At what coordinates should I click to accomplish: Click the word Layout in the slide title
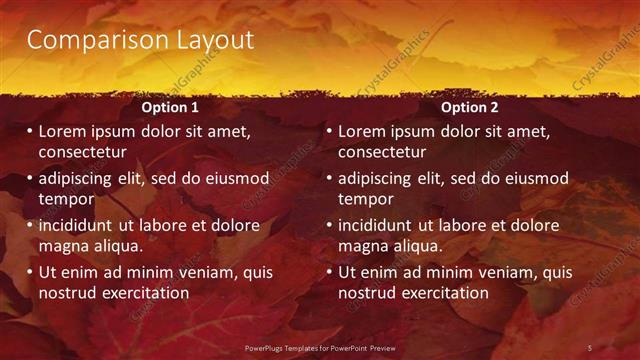pos(209,41)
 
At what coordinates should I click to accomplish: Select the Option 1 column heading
pos(170,107)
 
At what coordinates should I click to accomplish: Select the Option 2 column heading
pos(469,107)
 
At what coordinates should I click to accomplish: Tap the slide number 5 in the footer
pos(590,347)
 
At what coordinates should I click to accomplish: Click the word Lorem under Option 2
pos(363,131)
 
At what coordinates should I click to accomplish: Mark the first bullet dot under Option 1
pos(30,132)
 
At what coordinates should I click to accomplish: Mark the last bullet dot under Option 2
pos(329,273)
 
